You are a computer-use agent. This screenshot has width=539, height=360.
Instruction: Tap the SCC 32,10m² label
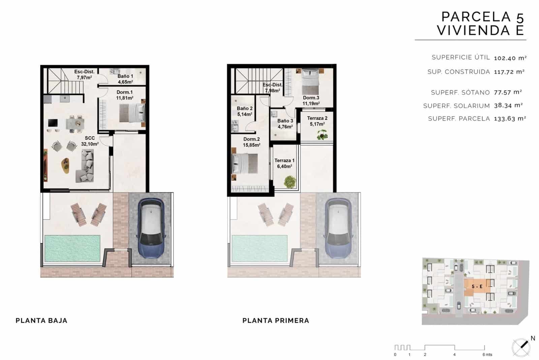pos(90,141)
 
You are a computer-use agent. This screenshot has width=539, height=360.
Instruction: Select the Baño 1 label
pos(125,79)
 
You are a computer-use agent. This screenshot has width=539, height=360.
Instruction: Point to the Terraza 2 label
pos(317,121)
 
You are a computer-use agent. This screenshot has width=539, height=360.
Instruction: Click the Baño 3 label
pos(285,124)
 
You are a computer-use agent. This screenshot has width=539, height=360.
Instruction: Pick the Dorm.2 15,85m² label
pos(251,142)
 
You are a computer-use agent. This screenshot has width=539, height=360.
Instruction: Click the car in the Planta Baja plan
pos(151,228)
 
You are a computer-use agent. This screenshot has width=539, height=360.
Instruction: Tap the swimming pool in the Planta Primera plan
pos(259,248)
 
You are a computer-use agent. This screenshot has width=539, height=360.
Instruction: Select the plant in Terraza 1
pos(289,182)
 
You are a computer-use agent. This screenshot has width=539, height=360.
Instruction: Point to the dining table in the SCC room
pos(75,123)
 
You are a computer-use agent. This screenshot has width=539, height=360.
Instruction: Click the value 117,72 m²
pos(509,72)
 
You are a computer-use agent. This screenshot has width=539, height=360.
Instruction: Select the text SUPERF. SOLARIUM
pos(456,106)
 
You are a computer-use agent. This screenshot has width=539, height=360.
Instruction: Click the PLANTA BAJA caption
pos(41,321)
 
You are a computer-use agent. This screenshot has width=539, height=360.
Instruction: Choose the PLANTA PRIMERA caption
pos(276,321)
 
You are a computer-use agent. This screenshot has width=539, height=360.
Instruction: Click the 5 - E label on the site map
pos(477,287)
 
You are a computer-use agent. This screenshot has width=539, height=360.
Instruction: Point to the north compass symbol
pos(521,346)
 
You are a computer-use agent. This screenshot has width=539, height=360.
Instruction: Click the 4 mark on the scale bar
pos(454,354)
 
